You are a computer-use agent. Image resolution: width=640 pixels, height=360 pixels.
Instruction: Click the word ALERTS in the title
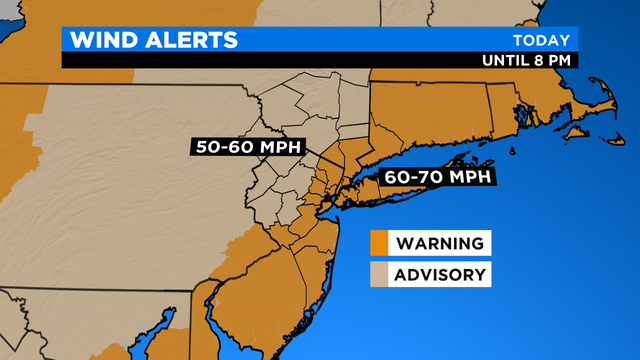pyautogui.click(x=190, y=40)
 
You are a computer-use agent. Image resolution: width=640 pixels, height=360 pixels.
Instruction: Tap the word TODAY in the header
pyautogui.click(x=541, y=40)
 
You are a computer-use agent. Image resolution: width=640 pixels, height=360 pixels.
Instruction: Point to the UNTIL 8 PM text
pyautogui.click(x=525, y=59)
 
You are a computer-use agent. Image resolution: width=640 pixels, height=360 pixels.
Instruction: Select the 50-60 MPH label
pyautogui.click(x=245, y=147)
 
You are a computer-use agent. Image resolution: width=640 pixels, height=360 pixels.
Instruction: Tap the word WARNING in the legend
pyautogui.click(x=440, y=243)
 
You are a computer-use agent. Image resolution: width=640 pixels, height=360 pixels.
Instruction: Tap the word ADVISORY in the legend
pyautogui.click(x=441, y=274)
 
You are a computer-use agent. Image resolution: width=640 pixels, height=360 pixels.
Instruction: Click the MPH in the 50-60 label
pyautogui.click(x=280, y=147)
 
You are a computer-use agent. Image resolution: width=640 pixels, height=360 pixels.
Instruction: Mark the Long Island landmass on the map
pyautogui.click(x=400, y=196)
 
